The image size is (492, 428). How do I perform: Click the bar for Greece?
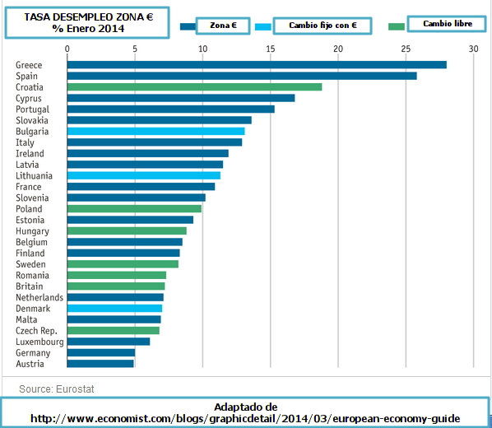click(257, 65)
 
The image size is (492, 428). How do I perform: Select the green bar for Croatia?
click(194, 87)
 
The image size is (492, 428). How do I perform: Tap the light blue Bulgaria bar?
click(156, 131)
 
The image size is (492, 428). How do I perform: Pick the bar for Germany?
click(101, 352)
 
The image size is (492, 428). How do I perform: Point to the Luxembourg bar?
click(109, 342)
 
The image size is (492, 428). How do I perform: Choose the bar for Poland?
click(134, 209)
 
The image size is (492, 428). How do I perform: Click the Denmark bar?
click(114, 309)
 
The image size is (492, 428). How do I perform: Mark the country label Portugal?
click(33, 109)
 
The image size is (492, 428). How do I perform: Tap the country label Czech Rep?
click(36, 331)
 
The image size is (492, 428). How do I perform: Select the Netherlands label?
click(39, 297)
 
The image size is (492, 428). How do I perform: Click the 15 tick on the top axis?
click(271, 49)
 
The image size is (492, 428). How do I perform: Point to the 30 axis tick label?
click(473, 49)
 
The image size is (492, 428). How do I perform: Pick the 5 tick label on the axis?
click(135, 49)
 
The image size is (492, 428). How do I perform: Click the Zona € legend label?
click(223, 26)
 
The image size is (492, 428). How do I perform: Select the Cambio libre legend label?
click(448, 24)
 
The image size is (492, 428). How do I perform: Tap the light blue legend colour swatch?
click(263, 26)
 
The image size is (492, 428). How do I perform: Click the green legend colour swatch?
click(397, 26)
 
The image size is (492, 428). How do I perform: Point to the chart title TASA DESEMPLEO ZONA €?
click(89, 17)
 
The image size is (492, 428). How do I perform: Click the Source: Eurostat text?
click(57, 389)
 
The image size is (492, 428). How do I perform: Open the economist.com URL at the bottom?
click(245, 419)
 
